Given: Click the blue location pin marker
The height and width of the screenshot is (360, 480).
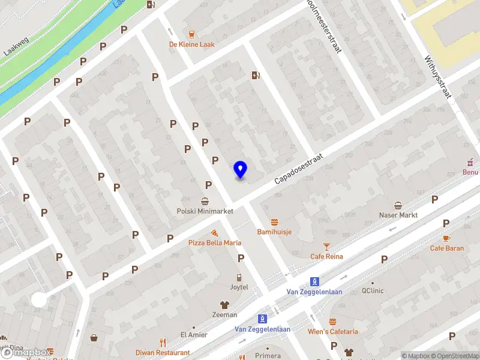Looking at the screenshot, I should [x=241, y=170].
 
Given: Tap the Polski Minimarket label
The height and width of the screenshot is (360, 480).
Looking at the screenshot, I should [x=205, y=211].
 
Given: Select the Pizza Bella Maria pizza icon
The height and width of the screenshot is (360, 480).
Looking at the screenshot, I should [x=214, y=232].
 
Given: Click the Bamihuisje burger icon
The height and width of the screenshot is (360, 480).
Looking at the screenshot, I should [x=275, y=221].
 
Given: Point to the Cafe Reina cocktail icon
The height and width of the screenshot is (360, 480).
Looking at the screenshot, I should [x=326, y=246].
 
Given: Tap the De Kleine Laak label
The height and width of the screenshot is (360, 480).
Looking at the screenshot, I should [x=191, y=44].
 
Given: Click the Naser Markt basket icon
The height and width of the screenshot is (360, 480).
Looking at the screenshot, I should [x=398, y=205].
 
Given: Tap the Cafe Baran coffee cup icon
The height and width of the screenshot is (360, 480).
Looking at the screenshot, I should [x=446, y=222].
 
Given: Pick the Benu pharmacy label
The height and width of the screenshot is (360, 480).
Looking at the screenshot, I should [x=470, y=172].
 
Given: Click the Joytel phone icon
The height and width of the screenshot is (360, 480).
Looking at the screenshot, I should [x=239, y=277].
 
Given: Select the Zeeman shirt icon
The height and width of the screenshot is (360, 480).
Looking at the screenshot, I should [x=224, y=304].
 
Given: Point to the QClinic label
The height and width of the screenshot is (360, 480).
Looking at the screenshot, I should [x=373, y=291].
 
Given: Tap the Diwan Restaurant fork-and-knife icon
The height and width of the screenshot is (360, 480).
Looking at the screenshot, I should [x=163, y=343].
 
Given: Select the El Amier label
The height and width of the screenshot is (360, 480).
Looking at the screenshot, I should [x=193, y=335].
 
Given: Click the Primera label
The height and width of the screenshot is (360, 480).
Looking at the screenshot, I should [x=268, y=356].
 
